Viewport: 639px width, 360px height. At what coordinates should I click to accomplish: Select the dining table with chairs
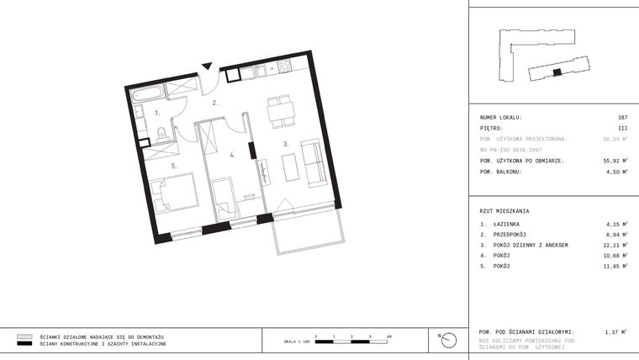click(278, 109)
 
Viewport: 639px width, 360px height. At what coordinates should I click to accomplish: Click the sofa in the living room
click(314, 163)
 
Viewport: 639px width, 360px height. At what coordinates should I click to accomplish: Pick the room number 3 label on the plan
click(285, 144)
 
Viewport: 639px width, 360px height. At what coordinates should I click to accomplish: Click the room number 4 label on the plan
click(232, 155)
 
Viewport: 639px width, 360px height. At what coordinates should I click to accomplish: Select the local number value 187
click(622, 118)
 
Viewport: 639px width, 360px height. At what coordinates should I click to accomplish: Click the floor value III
click(622, 128)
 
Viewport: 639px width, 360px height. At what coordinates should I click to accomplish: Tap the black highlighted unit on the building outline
click(556, 72)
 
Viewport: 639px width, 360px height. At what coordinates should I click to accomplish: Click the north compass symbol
click(449, 339)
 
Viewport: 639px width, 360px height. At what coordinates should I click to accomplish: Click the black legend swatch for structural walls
click(24, 344)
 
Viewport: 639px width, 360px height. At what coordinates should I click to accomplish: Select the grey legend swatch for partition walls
click(24, 336)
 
